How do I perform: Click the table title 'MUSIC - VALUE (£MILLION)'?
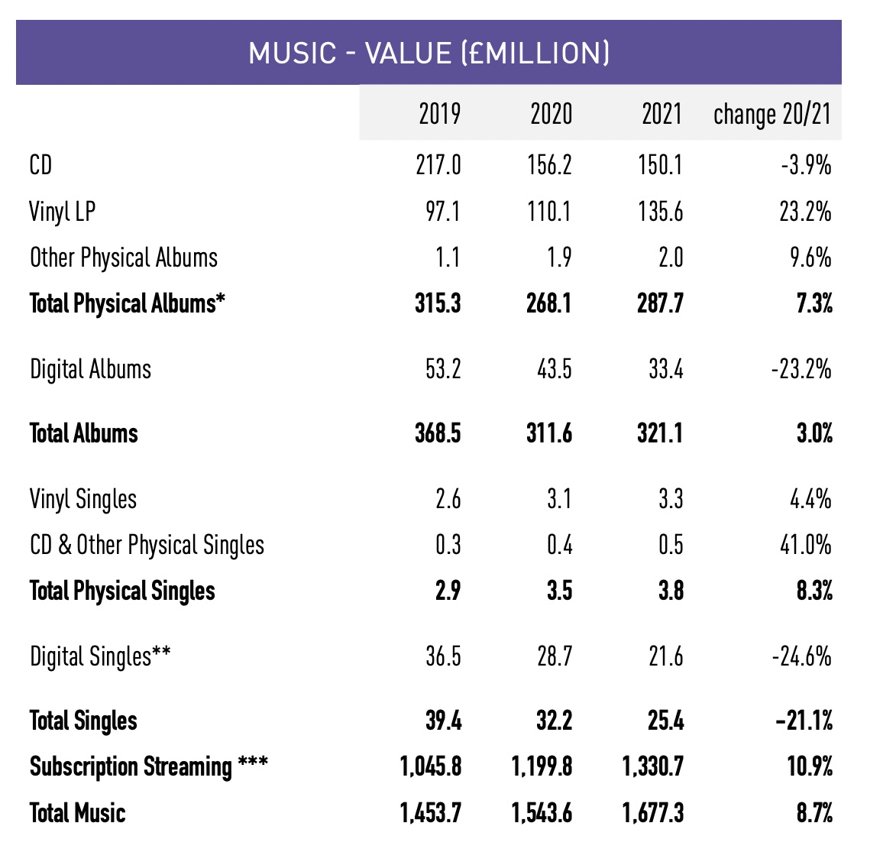click(429, 53)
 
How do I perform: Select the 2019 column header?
click(439, 114)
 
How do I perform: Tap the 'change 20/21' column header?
click(771, 114)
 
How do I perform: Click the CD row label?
click(40, 165)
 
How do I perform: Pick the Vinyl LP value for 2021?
click(661, 212)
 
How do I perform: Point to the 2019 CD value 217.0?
click(438, 165)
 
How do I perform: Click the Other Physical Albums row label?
click(124, 258)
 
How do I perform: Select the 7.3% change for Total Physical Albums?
click(814, 303)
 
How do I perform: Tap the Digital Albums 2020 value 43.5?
click(554, 370)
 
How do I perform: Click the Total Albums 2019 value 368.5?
click(438, 434)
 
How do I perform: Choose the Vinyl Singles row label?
click(83, 500)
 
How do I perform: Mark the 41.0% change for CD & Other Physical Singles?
click(806, 546)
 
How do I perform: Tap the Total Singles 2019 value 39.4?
click(443, 721)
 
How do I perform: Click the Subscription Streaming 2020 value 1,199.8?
click(542, 766)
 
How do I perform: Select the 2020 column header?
click(551, 114)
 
